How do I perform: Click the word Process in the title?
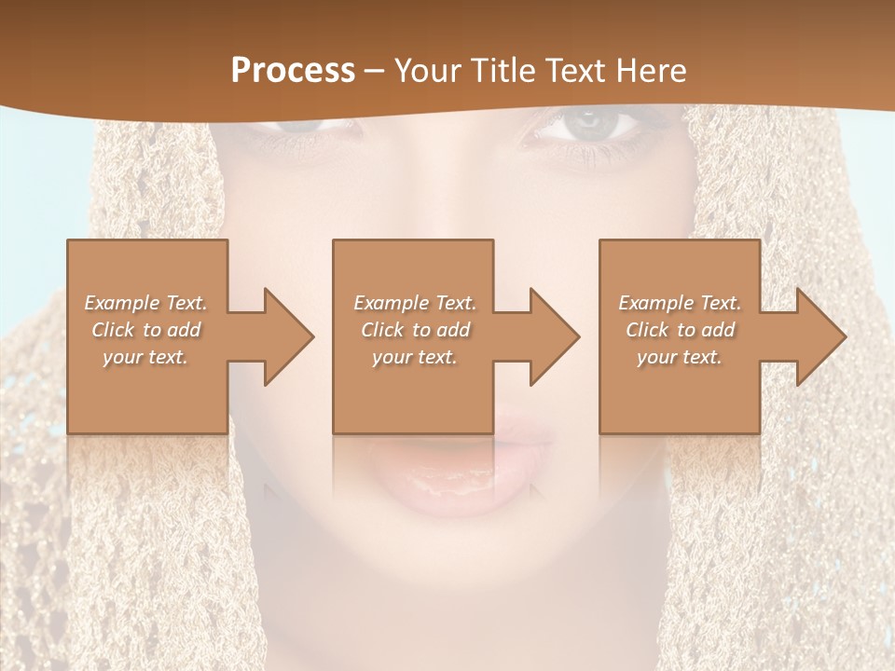[x=293, y=71]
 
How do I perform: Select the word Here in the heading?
[x=651, y=71]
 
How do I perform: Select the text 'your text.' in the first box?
[x=145, y=357]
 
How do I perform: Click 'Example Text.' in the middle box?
[x=415, y=303]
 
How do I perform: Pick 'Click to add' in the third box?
[x=681, y=330]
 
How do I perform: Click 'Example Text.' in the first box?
[x=145, y=303]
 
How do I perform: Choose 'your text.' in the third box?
[x=680, y=357]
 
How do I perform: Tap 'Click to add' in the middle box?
[x=415, y=330]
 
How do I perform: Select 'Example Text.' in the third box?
[x=680, y=303]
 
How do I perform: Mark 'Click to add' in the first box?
[x=145, y=330]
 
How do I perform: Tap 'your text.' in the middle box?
[x=415, y=357]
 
